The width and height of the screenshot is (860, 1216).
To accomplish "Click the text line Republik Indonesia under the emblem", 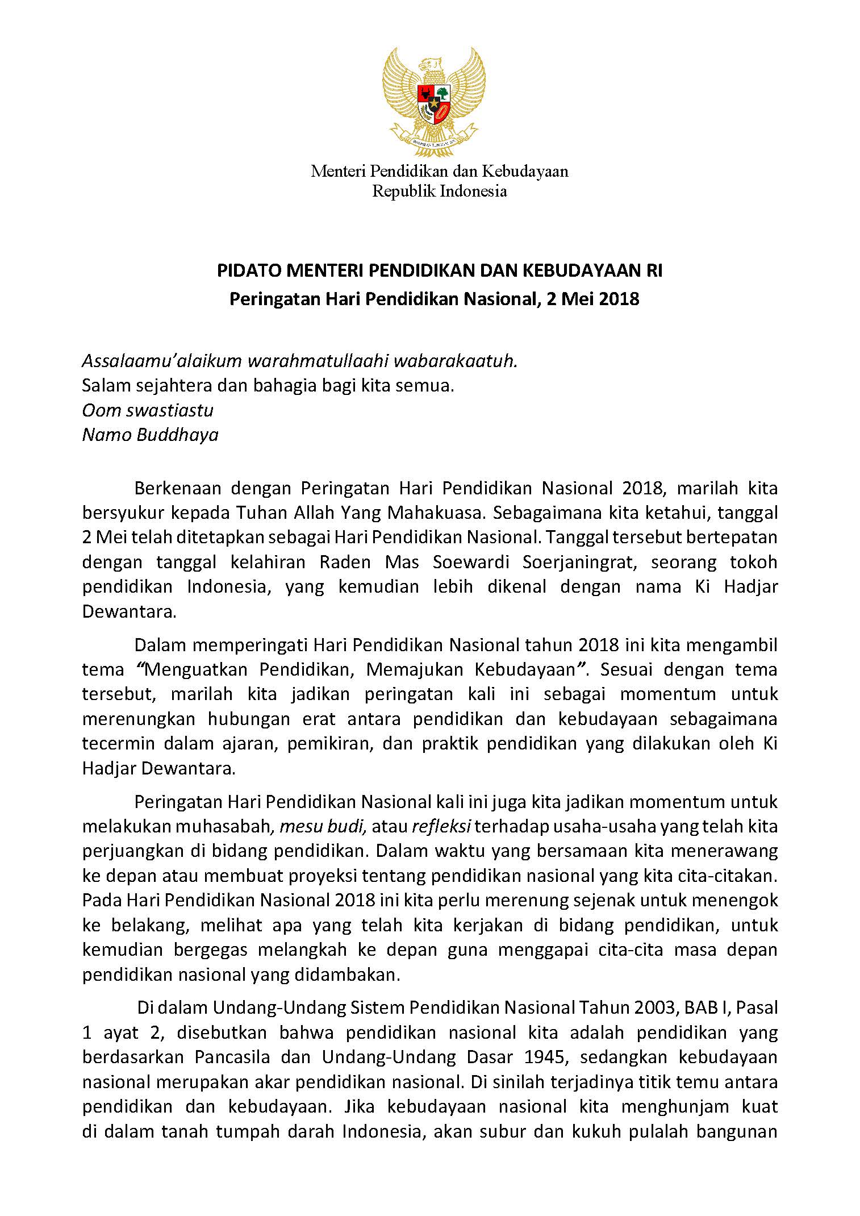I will pyautogui.click(x=439, y=191).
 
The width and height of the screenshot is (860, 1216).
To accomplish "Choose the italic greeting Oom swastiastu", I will pyautogui.click(x=148, y=410).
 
